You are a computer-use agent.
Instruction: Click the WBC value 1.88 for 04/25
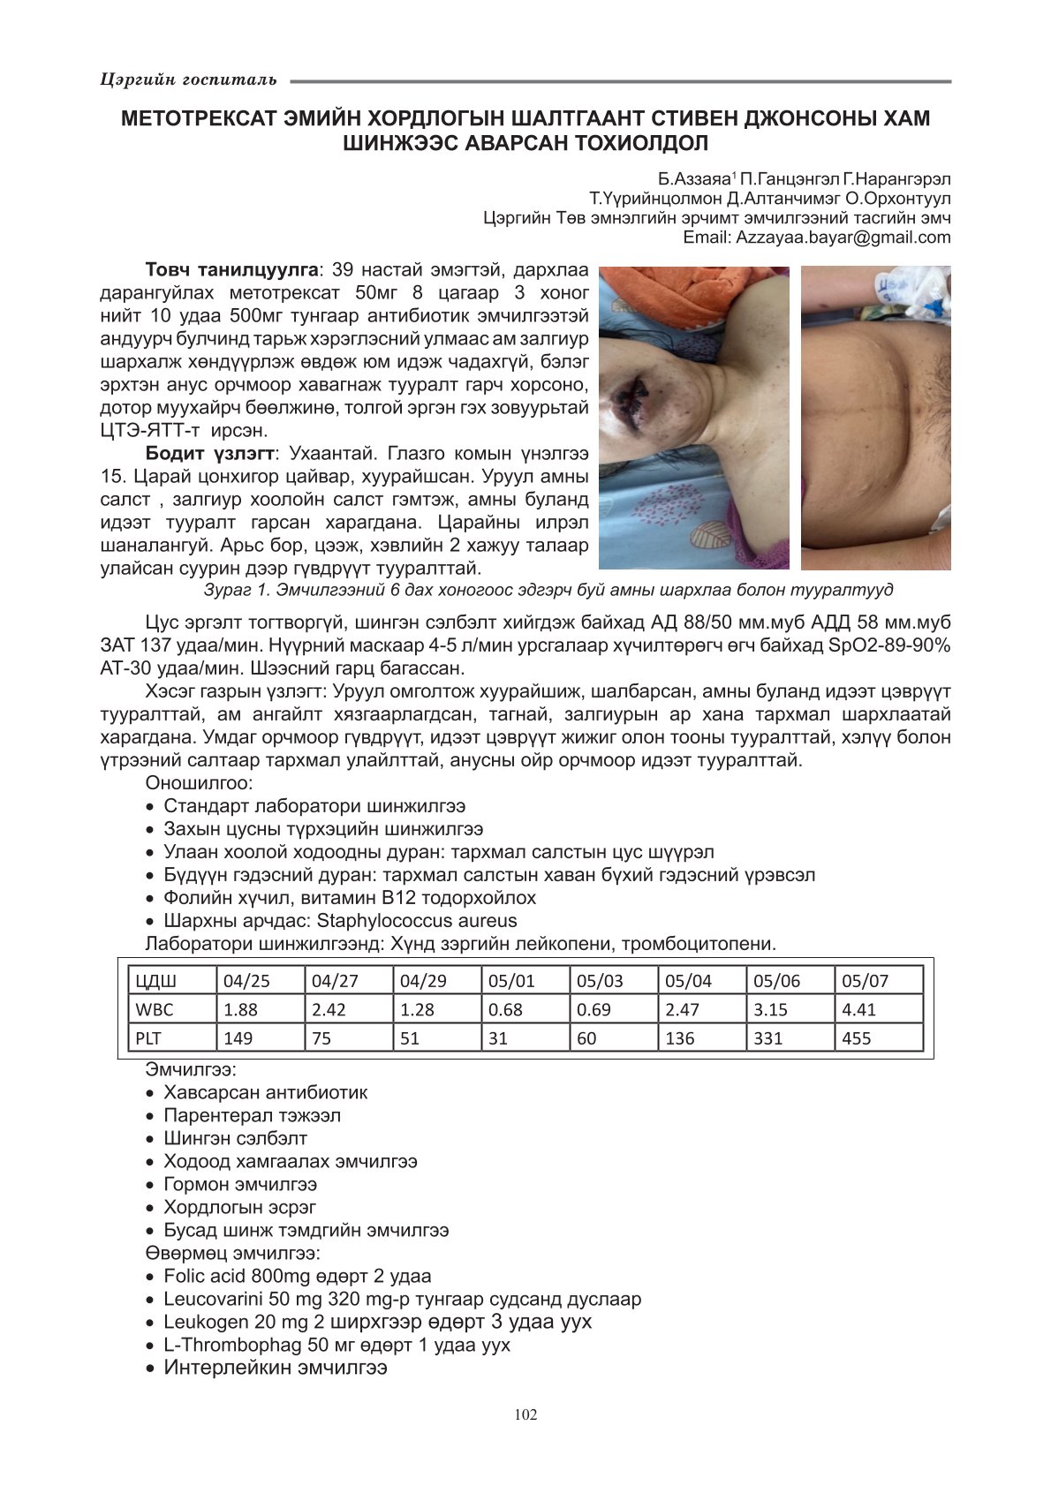(240, 1009)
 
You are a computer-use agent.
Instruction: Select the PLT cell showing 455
(857, 1038)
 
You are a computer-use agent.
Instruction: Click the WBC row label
(155, 1009)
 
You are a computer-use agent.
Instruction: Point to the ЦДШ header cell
(155, 981)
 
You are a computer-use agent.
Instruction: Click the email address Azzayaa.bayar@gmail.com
(843, 237)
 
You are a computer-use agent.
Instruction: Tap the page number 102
(525, 1414)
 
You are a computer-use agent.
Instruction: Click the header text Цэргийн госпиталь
(188, 80)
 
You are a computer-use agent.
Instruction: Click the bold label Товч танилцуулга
(231, 269)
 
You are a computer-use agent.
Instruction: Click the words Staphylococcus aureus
(417, 921)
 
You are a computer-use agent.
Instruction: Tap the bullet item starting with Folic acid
(297, 1276)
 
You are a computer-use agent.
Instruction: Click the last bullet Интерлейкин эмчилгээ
(275, 1368)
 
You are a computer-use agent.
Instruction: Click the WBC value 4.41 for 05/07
(858, 1009)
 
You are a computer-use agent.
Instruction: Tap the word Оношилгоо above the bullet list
(199, 783)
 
